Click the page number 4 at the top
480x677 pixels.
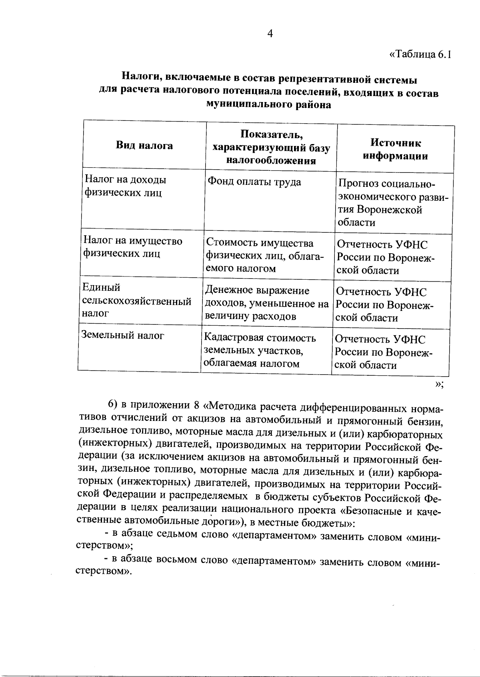tap(270, 34)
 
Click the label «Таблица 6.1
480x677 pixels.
tap(420, 55)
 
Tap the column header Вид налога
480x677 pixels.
tap(144, 146)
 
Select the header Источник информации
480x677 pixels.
tap(395, 150)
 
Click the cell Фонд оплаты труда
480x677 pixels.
tap(254, 182)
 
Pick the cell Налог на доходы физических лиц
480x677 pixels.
tap(124, 186)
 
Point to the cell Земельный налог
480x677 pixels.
tap(123, 336)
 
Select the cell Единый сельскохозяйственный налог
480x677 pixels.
tap(136, 300)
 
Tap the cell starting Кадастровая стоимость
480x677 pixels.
tap(260, 351)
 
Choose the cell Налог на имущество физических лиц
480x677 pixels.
tap(132, 247)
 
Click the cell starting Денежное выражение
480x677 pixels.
tap(266, 304)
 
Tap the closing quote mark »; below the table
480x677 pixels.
tap(439, 385)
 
